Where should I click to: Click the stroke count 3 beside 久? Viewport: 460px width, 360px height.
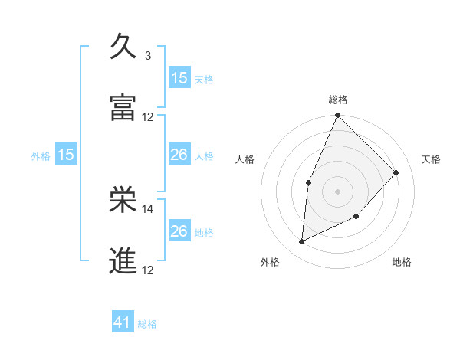147,56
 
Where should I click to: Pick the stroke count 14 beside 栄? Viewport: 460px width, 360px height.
148,208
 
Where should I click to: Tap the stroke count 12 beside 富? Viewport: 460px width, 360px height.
148,117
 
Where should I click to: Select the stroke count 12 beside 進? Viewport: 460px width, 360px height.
148,270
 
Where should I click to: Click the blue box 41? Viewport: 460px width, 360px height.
123,323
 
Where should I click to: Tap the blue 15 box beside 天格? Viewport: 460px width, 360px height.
179,78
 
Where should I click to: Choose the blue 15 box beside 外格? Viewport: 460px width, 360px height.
66,155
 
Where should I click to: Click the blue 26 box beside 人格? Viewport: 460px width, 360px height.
179,155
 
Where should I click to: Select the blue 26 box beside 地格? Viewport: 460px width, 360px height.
179,231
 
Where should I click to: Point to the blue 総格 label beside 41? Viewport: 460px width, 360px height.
147,324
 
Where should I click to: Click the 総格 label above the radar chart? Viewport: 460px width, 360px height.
338,100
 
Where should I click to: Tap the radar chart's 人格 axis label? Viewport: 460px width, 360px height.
245,159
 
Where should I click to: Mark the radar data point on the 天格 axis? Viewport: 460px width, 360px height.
396,172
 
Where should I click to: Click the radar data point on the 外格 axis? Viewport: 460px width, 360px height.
302,241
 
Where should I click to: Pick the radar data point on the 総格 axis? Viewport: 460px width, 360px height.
337,116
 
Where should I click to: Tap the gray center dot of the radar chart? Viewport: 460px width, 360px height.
337,191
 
